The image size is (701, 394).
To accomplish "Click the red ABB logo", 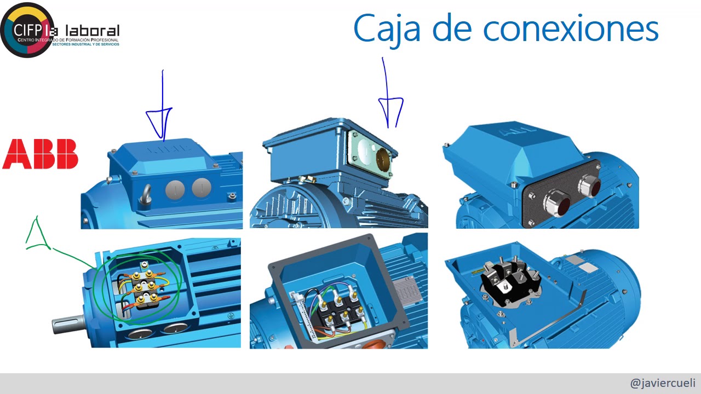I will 40,154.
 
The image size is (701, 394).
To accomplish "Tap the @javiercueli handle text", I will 662,383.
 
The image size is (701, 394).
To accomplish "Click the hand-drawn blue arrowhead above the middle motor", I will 391,111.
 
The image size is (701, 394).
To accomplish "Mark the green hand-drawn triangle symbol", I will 37,236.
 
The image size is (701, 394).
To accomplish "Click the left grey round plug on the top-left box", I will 175,189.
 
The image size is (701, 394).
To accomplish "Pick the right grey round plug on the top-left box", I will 202,188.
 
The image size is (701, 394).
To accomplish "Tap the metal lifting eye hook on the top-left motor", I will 146,196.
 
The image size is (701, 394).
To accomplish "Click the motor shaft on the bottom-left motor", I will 67,325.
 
